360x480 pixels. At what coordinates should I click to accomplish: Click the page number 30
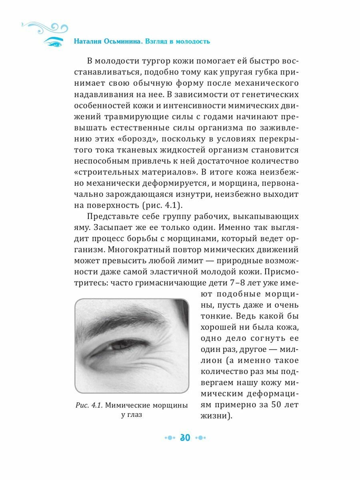click(185, 437)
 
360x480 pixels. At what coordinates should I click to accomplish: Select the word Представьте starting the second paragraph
click(114, 217)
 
